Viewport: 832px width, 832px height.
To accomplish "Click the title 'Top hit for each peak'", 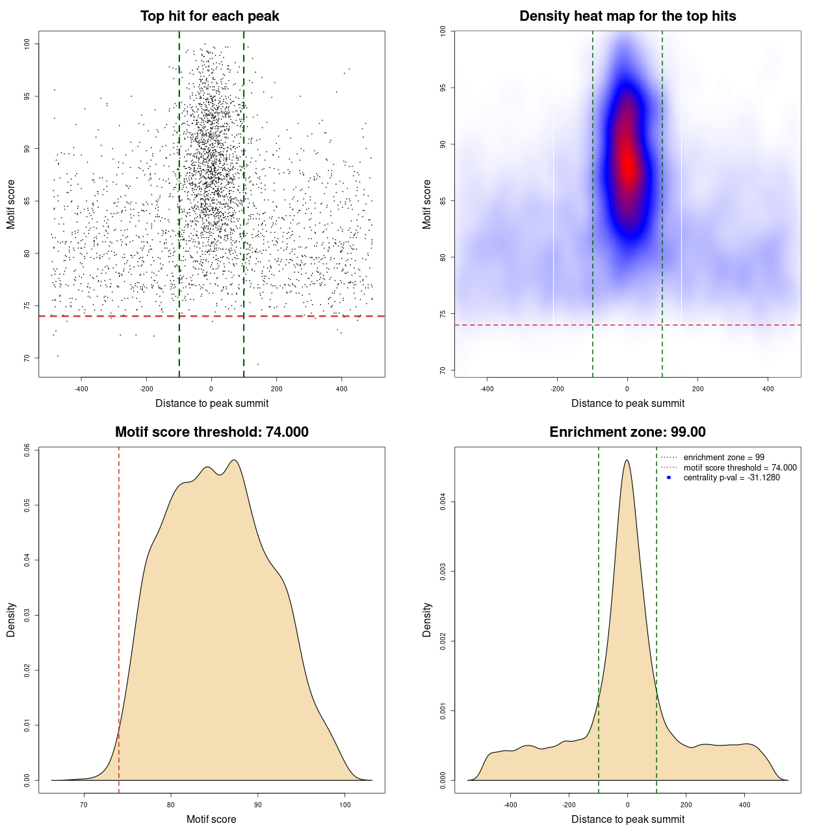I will pos(209,16).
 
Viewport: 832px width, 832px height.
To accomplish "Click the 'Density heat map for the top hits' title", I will pos(627,16).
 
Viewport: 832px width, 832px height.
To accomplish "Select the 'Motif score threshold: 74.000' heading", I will pos(211,432).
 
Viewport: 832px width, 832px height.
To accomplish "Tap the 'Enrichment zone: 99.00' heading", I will pos(627,432).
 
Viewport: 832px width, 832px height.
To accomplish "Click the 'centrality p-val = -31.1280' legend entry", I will pos(731,478).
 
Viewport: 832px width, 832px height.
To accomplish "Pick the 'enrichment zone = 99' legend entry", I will pos(723,458).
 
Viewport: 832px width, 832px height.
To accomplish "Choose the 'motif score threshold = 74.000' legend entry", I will pos(740,468).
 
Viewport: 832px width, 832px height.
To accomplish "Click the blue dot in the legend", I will pos(669,478).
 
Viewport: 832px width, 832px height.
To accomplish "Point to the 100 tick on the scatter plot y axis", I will pos(27,44).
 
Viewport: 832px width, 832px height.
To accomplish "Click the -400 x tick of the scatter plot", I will pos(81,389).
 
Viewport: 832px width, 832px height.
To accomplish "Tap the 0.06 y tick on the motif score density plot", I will pos(27,450).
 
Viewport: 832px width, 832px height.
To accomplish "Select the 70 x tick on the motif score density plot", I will pos(84,805).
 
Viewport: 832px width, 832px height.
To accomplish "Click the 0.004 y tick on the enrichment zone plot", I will pos(443,502).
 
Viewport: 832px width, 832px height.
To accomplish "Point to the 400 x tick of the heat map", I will pos(768,389).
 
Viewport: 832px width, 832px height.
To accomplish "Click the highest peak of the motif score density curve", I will pos(234,460).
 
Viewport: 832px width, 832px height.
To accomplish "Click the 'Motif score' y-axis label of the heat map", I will pos(427,204).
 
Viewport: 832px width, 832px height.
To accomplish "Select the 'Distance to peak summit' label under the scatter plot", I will pos(212,404).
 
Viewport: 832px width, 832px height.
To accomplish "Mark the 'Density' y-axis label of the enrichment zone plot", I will pos(427,619).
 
